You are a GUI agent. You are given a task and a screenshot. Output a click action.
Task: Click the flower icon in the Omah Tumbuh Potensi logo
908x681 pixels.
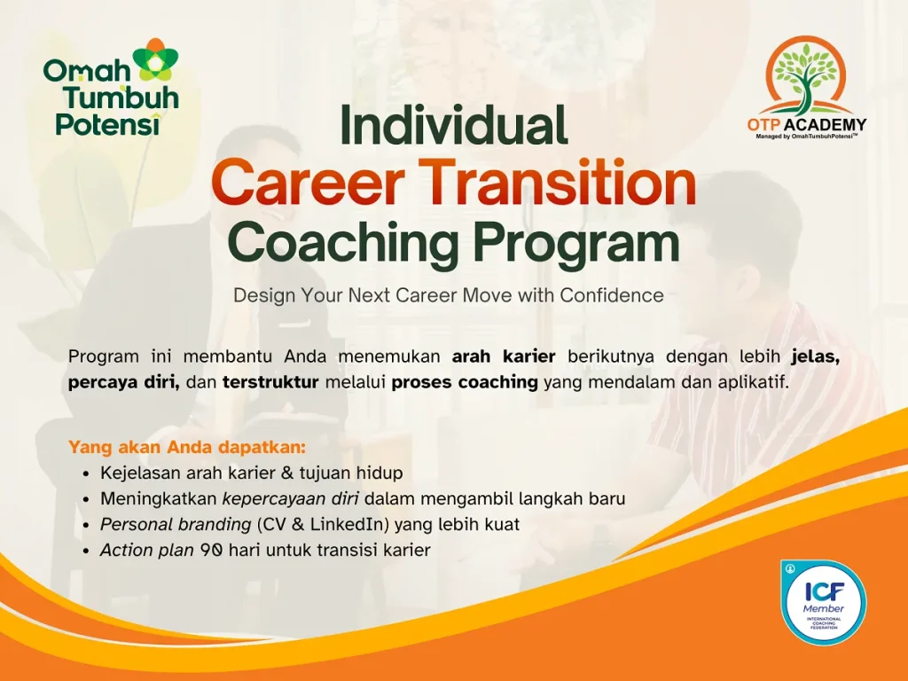click(x=156, y=59)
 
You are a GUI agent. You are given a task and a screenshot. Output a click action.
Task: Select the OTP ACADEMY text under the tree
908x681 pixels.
click(x=807, y=124)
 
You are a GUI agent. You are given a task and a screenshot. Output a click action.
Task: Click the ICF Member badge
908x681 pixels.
click(x=823, y=602)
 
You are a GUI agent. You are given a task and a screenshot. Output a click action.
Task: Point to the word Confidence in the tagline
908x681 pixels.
click(x=612, y=295)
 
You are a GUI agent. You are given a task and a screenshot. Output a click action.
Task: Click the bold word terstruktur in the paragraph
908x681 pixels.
click(x=270, y=382)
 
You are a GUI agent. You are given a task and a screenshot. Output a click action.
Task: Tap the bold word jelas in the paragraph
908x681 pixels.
click(x=816, y=356)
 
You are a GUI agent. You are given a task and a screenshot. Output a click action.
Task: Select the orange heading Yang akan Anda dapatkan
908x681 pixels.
click(x=187, y=448)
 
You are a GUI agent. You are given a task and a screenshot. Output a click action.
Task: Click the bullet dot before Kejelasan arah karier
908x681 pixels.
click(x=86, y=474)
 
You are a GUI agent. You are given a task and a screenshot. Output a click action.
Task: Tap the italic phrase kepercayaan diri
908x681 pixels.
click(x=291, y=499)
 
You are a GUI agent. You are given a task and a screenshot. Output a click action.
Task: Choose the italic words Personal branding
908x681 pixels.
click(x=176, y=525)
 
